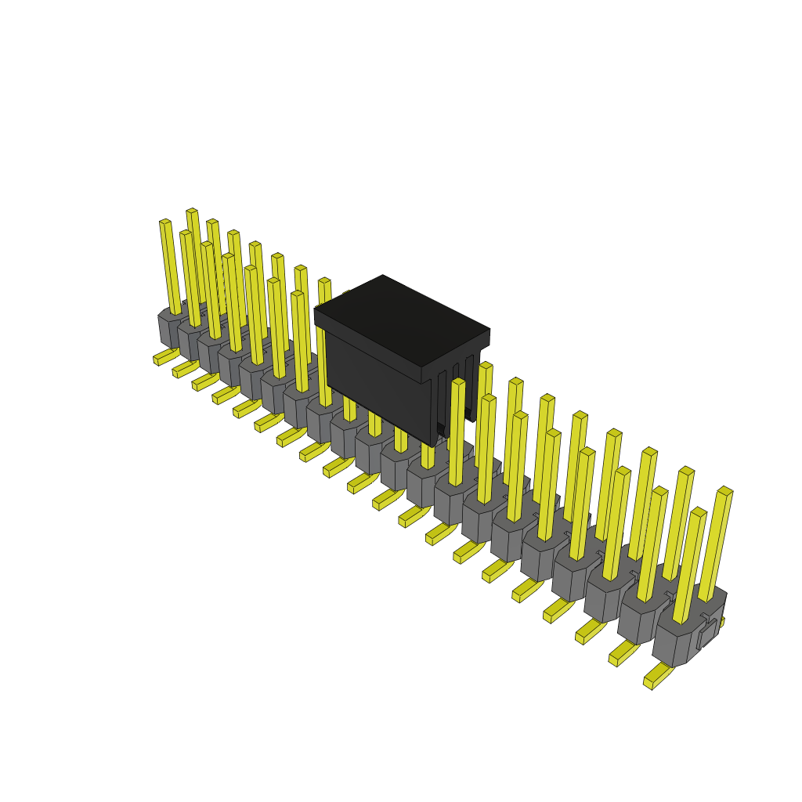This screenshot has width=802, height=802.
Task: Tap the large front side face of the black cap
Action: tap(376, 384)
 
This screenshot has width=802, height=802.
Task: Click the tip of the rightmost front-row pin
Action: tap(699, 512)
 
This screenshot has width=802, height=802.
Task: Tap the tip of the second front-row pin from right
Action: tap(660, 492)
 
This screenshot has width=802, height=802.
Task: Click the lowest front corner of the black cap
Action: tap(432, 444)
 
